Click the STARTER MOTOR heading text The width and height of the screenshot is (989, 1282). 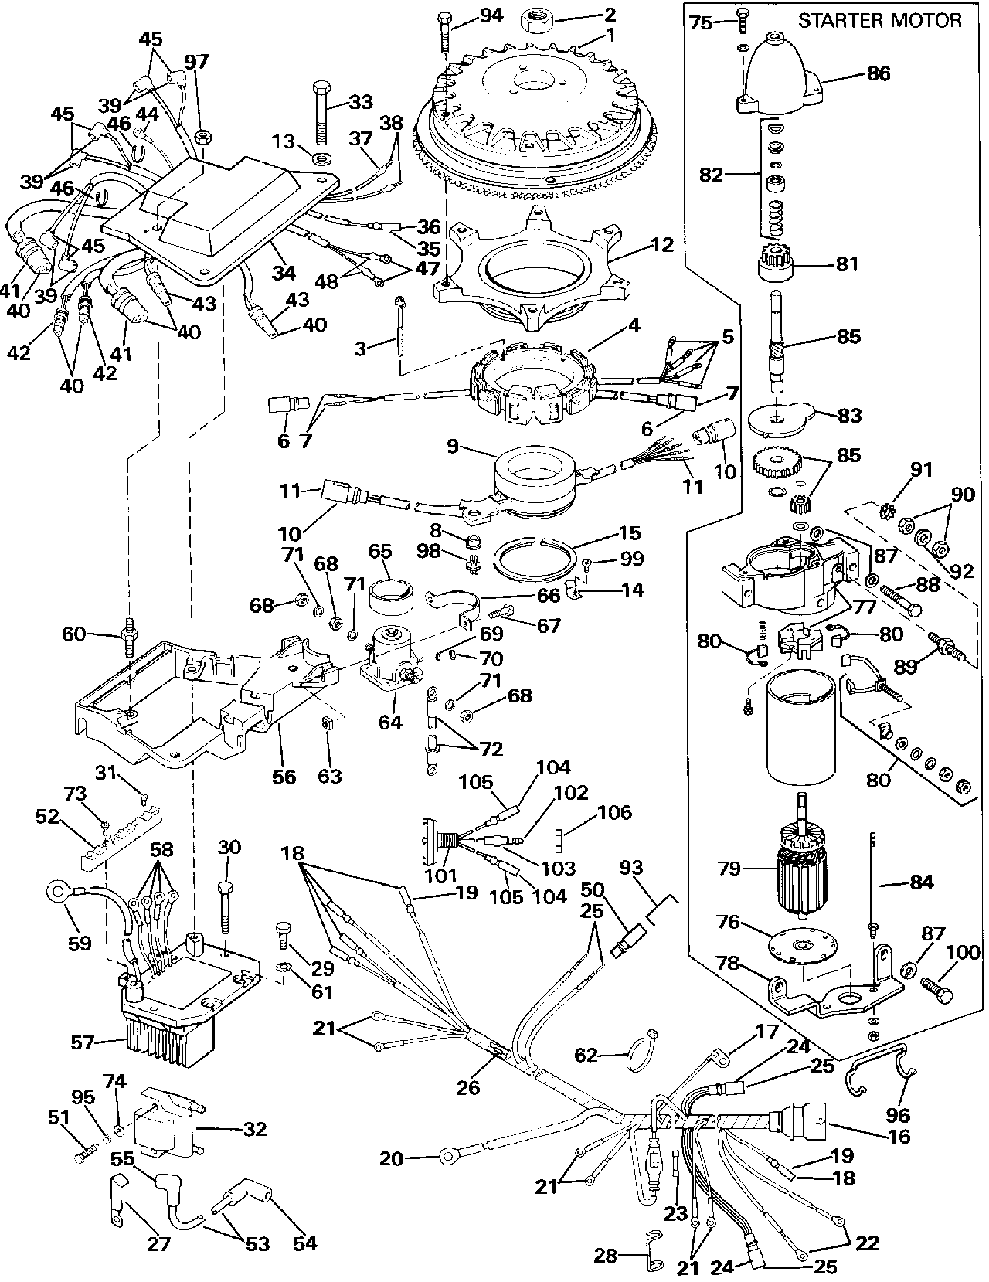[x=880, y=21]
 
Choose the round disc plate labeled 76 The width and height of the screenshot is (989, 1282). [x=805, y=946]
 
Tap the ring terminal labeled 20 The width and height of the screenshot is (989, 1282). [x=447, y=1158]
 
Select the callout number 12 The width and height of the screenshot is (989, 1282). [x=662, y=245]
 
